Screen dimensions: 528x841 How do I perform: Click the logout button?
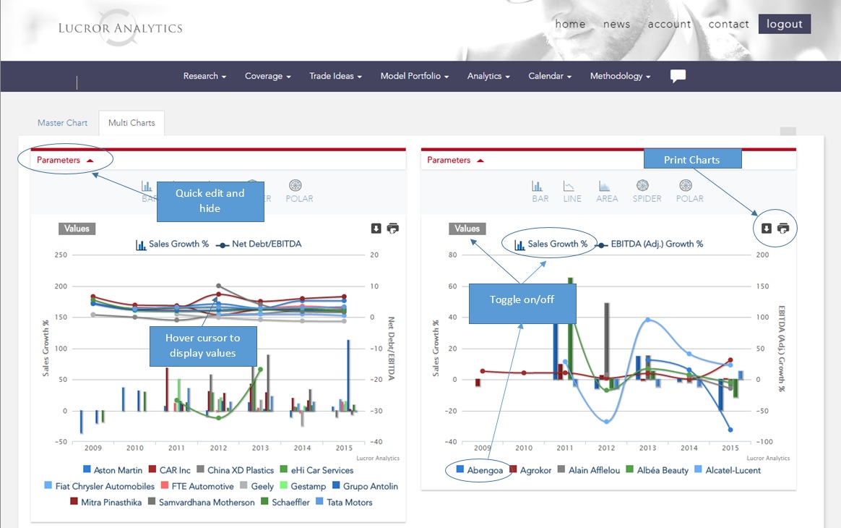784,24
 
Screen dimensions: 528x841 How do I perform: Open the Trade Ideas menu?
335,76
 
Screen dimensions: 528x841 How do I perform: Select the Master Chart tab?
62,123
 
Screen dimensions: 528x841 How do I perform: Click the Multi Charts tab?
131,123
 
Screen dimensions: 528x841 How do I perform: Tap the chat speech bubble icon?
678,76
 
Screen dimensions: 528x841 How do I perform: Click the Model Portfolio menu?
414,76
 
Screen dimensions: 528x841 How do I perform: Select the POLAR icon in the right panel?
689,191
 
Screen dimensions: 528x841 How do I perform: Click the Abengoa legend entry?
478,470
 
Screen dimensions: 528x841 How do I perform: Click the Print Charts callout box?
691,160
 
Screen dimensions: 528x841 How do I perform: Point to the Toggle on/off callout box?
522,299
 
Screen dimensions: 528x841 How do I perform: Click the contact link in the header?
728,24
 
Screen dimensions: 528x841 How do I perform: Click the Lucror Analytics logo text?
120,29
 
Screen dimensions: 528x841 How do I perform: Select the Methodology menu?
620,76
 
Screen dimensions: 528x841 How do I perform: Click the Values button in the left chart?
77,229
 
